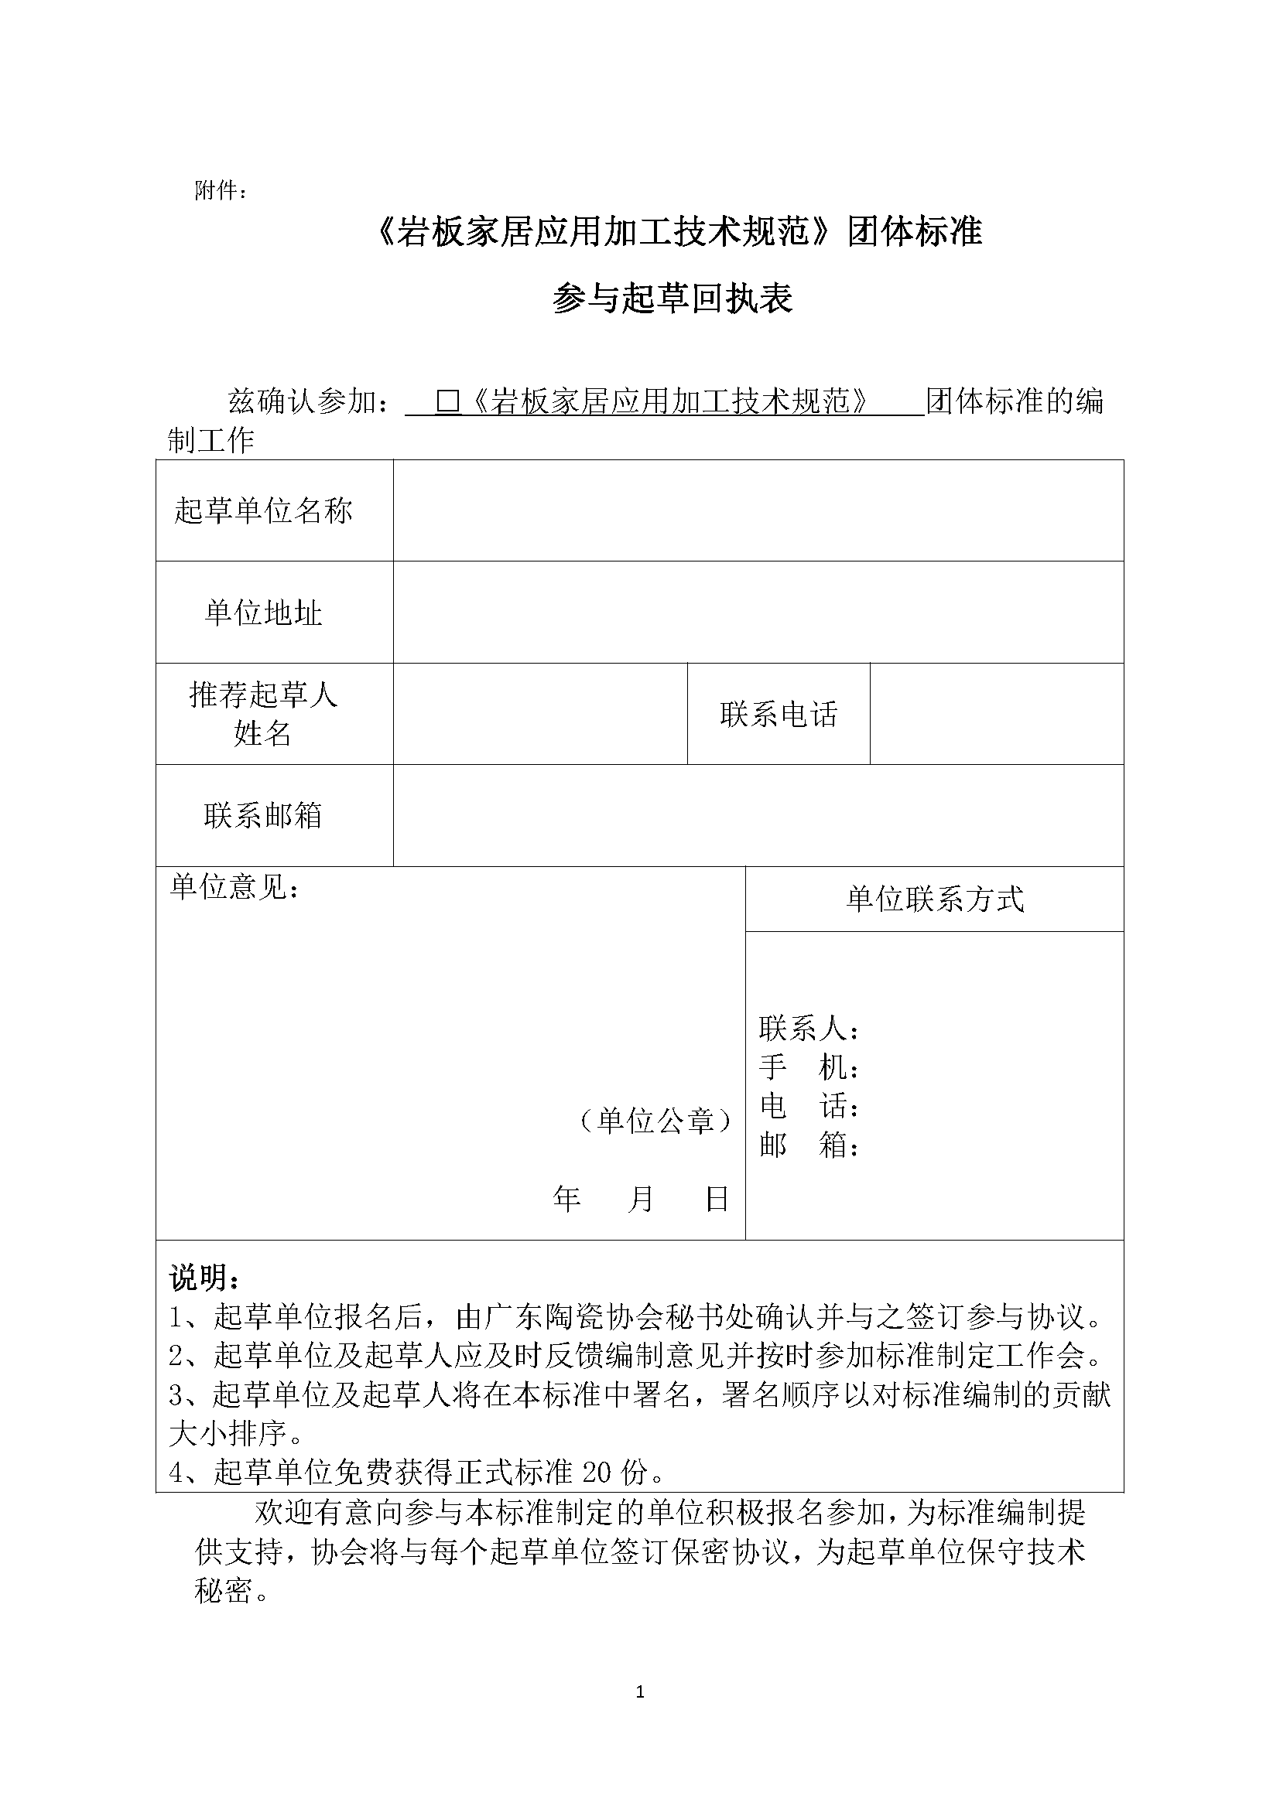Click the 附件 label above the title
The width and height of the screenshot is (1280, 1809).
pos(220,191)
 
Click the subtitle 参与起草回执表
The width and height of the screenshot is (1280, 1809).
pos(673,299)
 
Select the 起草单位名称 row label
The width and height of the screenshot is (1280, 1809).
pos(263,510)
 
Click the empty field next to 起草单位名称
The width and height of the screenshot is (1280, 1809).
pos(758,510)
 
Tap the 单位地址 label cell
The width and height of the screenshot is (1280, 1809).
pos(263,613)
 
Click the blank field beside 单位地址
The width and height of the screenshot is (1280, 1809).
pos(758,613)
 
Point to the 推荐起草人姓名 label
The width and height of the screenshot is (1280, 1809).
pos(263,714)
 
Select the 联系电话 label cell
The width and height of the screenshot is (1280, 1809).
pos(778,715)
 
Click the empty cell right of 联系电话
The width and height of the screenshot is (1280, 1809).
pos(996,714)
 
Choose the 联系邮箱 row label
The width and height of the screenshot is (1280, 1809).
pos(263,815)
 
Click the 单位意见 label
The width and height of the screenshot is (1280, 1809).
pos(234,888)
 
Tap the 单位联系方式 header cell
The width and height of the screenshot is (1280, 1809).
pos(934,899)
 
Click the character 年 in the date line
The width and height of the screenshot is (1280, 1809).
pos(566,1200)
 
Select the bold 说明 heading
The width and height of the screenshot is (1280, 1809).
pos(204,1277)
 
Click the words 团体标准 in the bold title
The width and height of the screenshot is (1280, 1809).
pos(915,233)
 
